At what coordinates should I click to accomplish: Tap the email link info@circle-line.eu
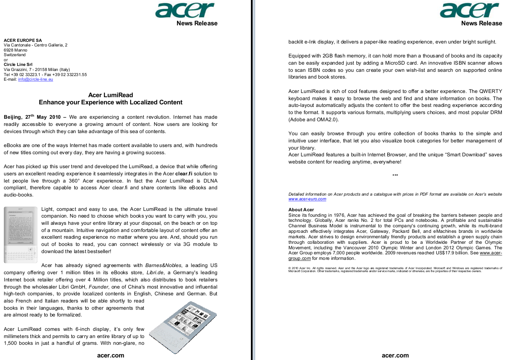click(35, 79)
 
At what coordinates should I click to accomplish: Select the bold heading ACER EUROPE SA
click(23, 41)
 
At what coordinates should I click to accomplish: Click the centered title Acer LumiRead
click(111, 95)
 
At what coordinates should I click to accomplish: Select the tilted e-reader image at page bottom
click(183, 327)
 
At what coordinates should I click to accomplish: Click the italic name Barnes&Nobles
click(163, 265)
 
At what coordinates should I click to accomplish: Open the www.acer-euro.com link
click(307, 199)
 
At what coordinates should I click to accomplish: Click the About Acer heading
click(301, 210)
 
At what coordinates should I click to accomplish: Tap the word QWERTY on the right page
click(491, 91)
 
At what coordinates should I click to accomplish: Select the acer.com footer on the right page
click(395, 355)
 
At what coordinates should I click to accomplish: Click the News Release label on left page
click(197, 24)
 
